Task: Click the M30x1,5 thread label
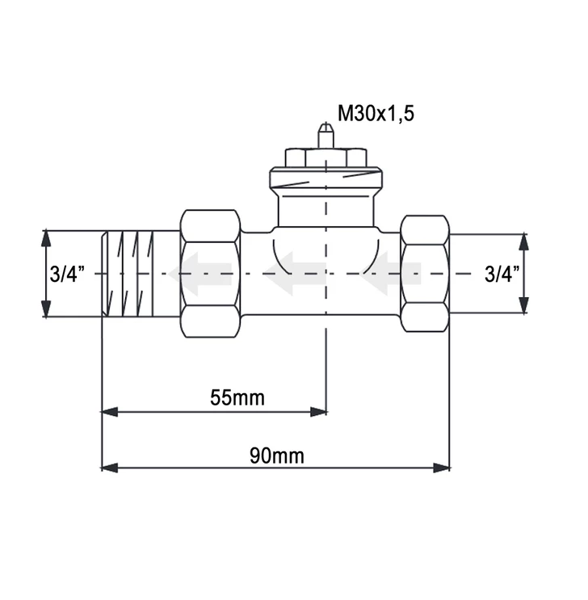click(376, 114)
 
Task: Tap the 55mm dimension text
click(237, 397)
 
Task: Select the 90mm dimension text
click(277, 455)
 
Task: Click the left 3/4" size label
click(67, 274)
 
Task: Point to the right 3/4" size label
click(502, 274)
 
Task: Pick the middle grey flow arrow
click(295, 274)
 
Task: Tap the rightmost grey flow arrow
click(389, 274)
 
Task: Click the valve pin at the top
click(325, 135)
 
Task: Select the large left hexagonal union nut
click(211, 274)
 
